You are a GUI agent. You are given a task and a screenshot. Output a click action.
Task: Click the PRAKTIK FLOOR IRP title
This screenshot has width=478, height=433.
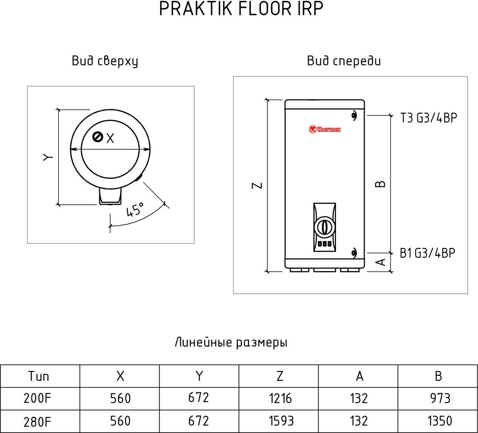241,9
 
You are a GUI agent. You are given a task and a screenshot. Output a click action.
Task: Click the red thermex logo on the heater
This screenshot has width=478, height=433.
325,129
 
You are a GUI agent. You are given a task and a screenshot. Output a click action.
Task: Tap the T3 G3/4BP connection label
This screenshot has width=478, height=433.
429,118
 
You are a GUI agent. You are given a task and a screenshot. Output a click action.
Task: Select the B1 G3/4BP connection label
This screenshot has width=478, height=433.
428,253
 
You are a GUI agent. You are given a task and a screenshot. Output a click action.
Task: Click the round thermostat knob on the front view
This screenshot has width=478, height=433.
324,227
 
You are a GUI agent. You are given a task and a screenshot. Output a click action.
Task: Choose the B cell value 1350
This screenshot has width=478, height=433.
438,421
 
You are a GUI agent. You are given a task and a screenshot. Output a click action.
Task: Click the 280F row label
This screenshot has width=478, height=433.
39,421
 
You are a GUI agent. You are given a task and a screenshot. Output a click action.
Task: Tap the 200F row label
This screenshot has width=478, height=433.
39,398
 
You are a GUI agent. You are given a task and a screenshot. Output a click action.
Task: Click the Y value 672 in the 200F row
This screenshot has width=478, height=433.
198,398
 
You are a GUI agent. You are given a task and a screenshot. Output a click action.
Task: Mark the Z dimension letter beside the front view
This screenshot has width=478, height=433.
258,185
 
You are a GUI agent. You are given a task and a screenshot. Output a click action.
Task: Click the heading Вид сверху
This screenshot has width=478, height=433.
105,62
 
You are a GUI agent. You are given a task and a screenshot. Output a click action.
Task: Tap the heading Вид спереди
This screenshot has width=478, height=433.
344,61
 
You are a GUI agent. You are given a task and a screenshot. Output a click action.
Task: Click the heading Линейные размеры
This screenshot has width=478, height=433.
231,343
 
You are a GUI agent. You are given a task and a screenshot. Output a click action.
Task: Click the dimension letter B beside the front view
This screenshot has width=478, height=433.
381,184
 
